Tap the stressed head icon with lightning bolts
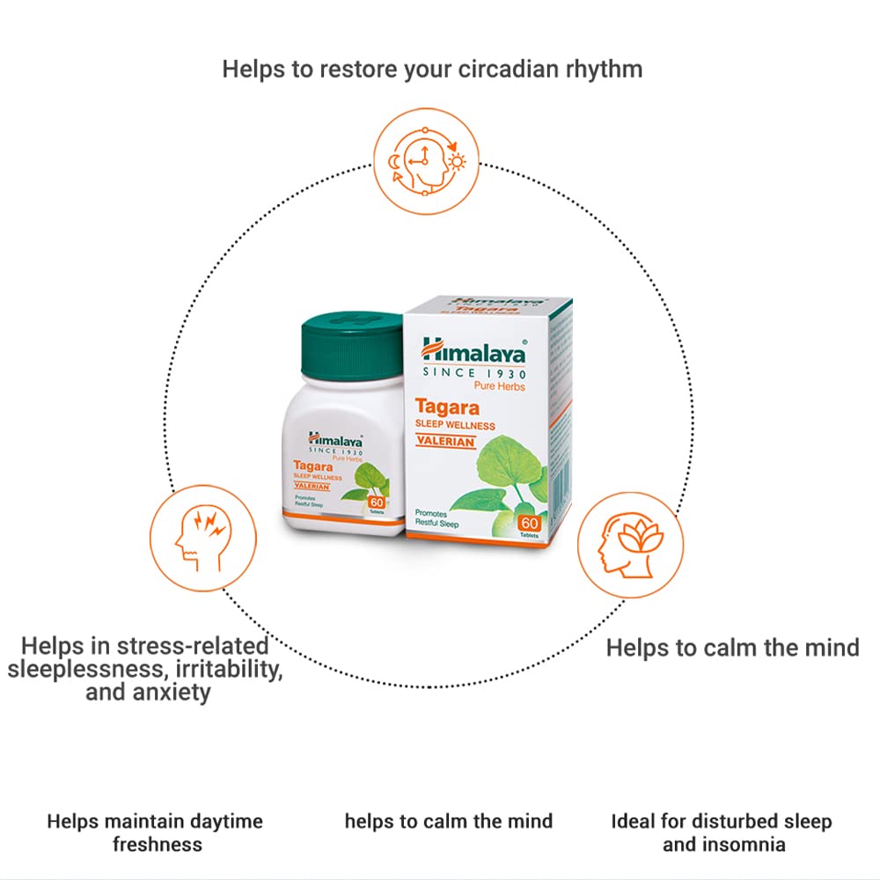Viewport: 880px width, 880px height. point(202,536)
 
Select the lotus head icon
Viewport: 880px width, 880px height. point(628,545)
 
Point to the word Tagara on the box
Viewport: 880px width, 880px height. point(453,407)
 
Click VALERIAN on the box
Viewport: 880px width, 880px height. point(445,442)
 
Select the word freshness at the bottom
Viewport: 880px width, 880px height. point(157,845)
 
